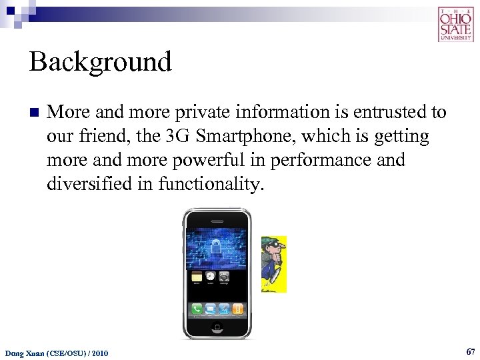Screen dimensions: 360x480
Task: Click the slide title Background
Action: [x=101, y=62]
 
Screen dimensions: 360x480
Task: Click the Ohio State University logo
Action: [x=455, y=24]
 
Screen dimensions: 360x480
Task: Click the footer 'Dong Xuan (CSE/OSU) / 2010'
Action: [x=57, y=352]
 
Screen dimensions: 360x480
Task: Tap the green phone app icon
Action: [x=197, y=309]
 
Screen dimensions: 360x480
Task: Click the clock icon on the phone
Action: [x=211, y=276]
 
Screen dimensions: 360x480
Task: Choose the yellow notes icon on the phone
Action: [x=197, y=276]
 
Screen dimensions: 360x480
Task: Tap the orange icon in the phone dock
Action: [x=238, y=309]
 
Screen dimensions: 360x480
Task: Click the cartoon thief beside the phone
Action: [x=273, y=263]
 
